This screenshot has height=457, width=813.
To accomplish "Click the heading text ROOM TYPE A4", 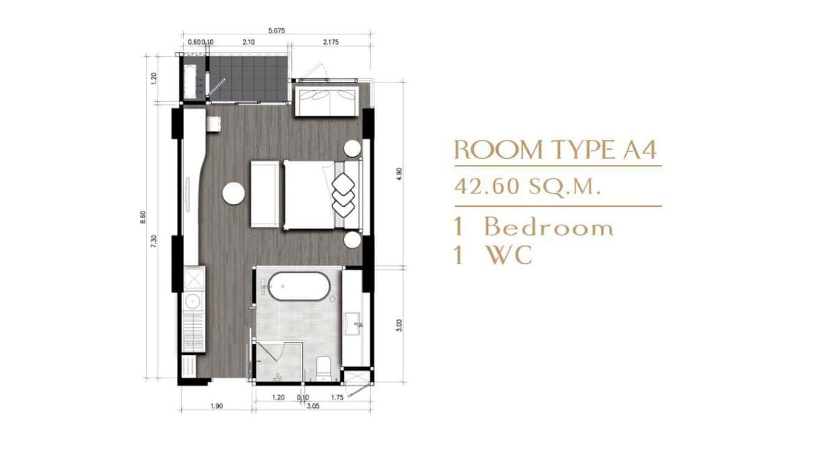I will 556,149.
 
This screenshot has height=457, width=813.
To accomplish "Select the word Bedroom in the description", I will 549,228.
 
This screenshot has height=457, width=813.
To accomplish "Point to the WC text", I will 509,256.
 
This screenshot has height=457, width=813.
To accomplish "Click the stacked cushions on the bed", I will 343,193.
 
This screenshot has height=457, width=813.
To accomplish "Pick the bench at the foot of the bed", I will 265,194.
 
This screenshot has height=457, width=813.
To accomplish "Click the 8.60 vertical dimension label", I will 143,216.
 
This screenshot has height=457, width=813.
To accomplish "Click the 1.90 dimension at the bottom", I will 217,406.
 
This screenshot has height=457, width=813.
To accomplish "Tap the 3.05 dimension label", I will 314,406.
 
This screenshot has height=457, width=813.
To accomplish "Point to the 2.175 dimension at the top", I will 331,42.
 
